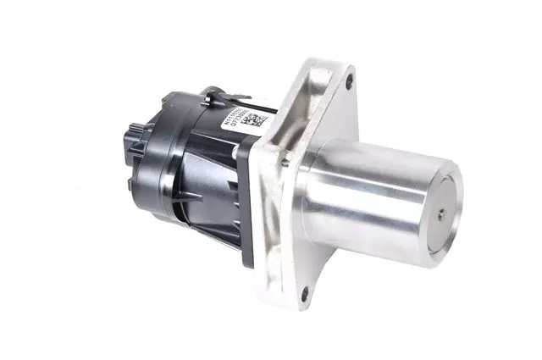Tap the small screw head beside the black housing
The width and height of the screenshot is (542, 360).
tap(285, 155)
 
